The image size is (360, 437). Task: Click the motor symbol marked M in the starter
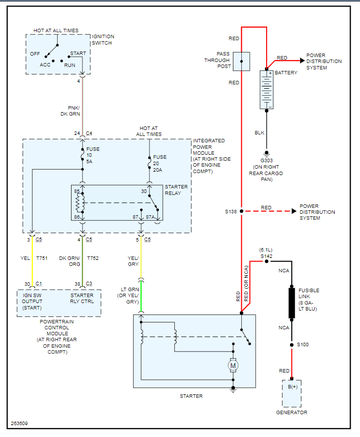click(233, 366)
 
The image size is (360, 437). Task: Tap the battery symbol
click(267, 90)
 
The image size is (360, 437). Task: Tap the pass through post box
click(241, 62)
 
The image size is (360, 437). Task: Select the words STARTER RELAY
click(176, 190)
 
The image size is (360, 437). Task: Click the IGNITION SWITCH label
click(103, 40)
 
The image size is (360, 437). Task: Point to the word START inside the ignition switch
click(78, 54)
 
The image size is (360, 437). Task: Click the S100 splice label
click(302, 344)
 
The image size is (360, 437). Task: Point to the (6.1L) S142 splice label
click(267, 252)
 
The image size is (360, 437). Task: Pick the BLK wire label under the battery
click(260, 132)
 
